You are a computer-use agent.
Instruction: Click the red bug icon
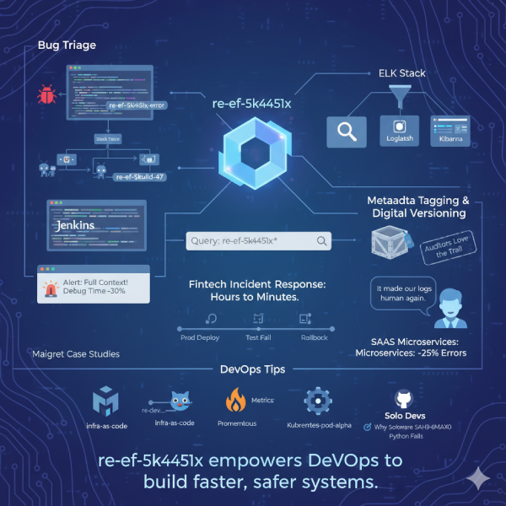coord(46,93)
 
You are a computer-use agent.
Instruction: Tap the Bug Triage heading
coord(67,44)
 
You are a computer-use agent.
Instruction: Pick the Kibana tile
coord(449,132)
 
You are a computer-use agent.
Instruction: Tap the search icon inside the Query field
coord(321,241)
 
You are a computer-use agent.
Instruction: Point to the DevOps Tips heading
coord(252,370)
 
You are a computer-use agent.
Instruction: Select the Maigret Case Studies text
coord(75,354)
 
